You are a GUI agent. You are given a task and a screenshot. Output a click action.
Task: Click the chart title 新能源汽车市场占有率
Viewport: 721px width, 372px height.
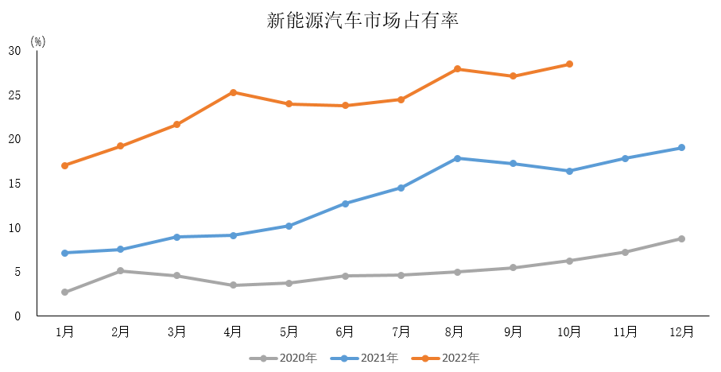click(x=362, y=20)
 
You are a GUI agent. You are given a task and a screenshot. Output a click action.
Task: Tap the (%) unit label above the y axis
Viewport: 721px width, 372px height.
click(x=38, y=42)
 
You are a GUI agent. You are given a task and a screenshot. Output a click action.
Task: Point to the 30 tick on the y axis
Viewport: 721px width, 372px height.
click(x=14, y=51)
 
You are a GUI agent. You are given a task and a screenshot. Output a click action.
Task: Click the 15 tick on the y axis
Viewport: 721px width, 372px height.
click(x=14, y=184)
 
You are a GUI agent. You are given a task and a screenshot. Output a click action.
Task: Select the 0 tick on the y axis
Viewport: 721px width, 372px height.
click(x=17, y=316)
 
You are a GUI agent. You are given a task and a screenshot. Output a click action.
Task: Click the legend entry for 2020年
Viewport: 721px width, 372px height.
click(x=283, y=358)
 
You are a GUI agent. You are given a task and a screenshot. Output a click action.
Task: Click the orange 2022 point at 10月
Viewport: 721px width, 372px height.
click(x=569, y=64)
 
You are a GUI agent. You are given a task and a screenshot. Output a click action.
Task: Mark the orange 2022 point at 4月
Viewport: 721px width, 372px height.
click(x=233, y=92)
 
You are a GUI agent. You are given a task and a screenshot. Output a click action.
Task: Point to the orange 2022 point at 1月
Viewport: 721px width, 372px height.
click(x=64, y=165)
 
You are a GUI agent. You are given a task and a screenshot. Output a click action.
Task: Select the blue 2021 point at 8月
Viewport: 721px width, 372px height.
click(x=457, y=158)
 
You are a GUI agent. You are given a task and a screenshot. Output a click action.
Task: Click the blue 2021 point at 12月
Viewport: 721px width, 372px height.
click(x=681, y=148)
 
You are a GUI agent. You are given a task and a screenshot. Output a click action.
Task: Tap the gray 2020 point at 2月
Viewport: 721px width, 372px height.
click(x=121, y=271)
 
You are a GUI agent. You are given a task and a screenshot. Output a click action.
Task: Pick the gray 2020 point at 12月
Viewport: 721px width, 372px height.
click(x=681, y=238)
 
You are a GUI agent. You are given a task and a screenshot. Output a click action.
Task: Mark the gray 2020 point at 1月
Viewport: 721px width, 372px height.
click(x=64, y=293)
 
